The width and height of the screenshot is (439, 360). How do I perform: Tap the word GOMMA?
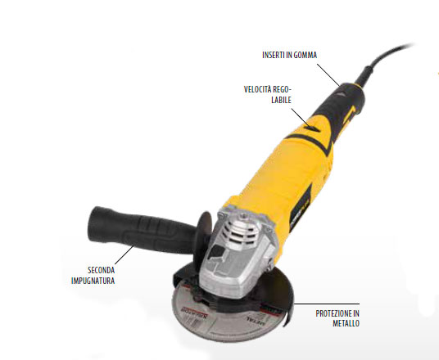305,55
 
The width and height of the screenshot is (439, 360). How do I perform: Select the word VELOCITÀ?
258,89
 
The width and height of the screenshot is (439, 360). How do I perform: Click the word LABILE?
281,100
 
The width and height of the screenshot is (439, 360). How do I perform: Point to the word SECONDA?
101,270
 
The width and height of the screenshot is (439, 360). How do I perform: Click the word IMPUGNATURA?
93,281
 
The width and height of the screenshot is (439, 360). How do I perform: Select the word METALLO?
346,323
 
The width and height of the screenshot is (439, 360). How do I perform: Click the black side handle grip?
143,229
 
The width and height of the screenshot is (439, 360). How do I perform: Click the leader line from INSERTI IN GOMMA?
328,75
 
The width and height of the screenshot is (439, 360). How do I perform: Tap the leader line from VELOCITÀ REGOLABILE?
300,118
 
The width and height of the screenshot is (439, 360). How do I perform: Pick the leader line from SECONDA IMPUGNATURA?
124,255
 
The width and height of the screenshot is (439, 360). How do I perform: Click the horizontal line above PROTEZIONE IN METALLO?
327,304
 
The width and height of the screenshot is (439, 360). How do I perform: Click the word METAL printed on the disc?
255,322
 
